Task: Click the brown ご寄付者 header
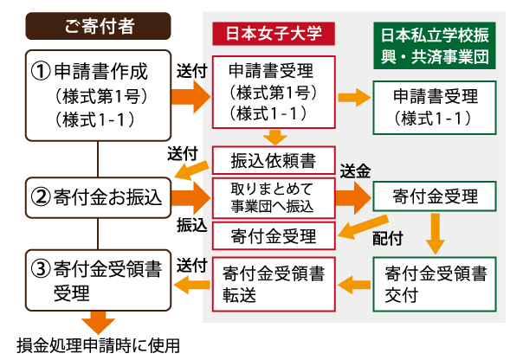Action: coord(98,26)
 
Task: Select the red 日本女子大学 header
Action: coord(274,34)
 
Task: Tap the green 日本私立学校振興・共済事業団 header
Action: coord(435,46)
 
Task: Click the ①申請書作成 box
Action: coord(98,95)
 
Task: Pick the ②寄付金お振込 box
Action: coord(98,197)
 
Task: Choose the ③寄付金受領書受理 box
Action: coord(98,280)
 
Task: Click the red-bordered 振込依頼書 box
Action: coord(274,160)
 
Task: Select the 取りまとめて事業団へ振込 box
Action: coord(274,198)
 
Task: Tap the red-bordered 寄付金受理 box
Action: coord(274,236)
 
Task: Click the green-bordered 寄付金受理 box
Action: coord(435,196)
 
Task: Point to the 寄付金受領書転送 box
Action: coord(274,285)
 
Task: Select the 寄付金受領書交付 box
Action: coord(435,285)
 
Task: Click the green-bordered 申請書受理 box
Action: coord(435,107)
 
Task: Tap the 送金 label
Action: coord(355,171)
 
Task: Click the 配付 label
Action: coord(388,238)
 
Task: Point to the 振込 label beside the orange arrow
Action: coord(191,225)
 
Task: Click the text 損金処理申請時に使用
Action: coord(98,345)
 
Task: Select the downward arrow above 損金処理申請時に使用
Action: coord(98,322)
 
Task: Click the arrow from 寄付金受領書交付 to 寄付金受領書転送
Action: coord(354,285)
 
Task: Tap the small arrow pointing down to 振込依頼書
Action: coord(274,138)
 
